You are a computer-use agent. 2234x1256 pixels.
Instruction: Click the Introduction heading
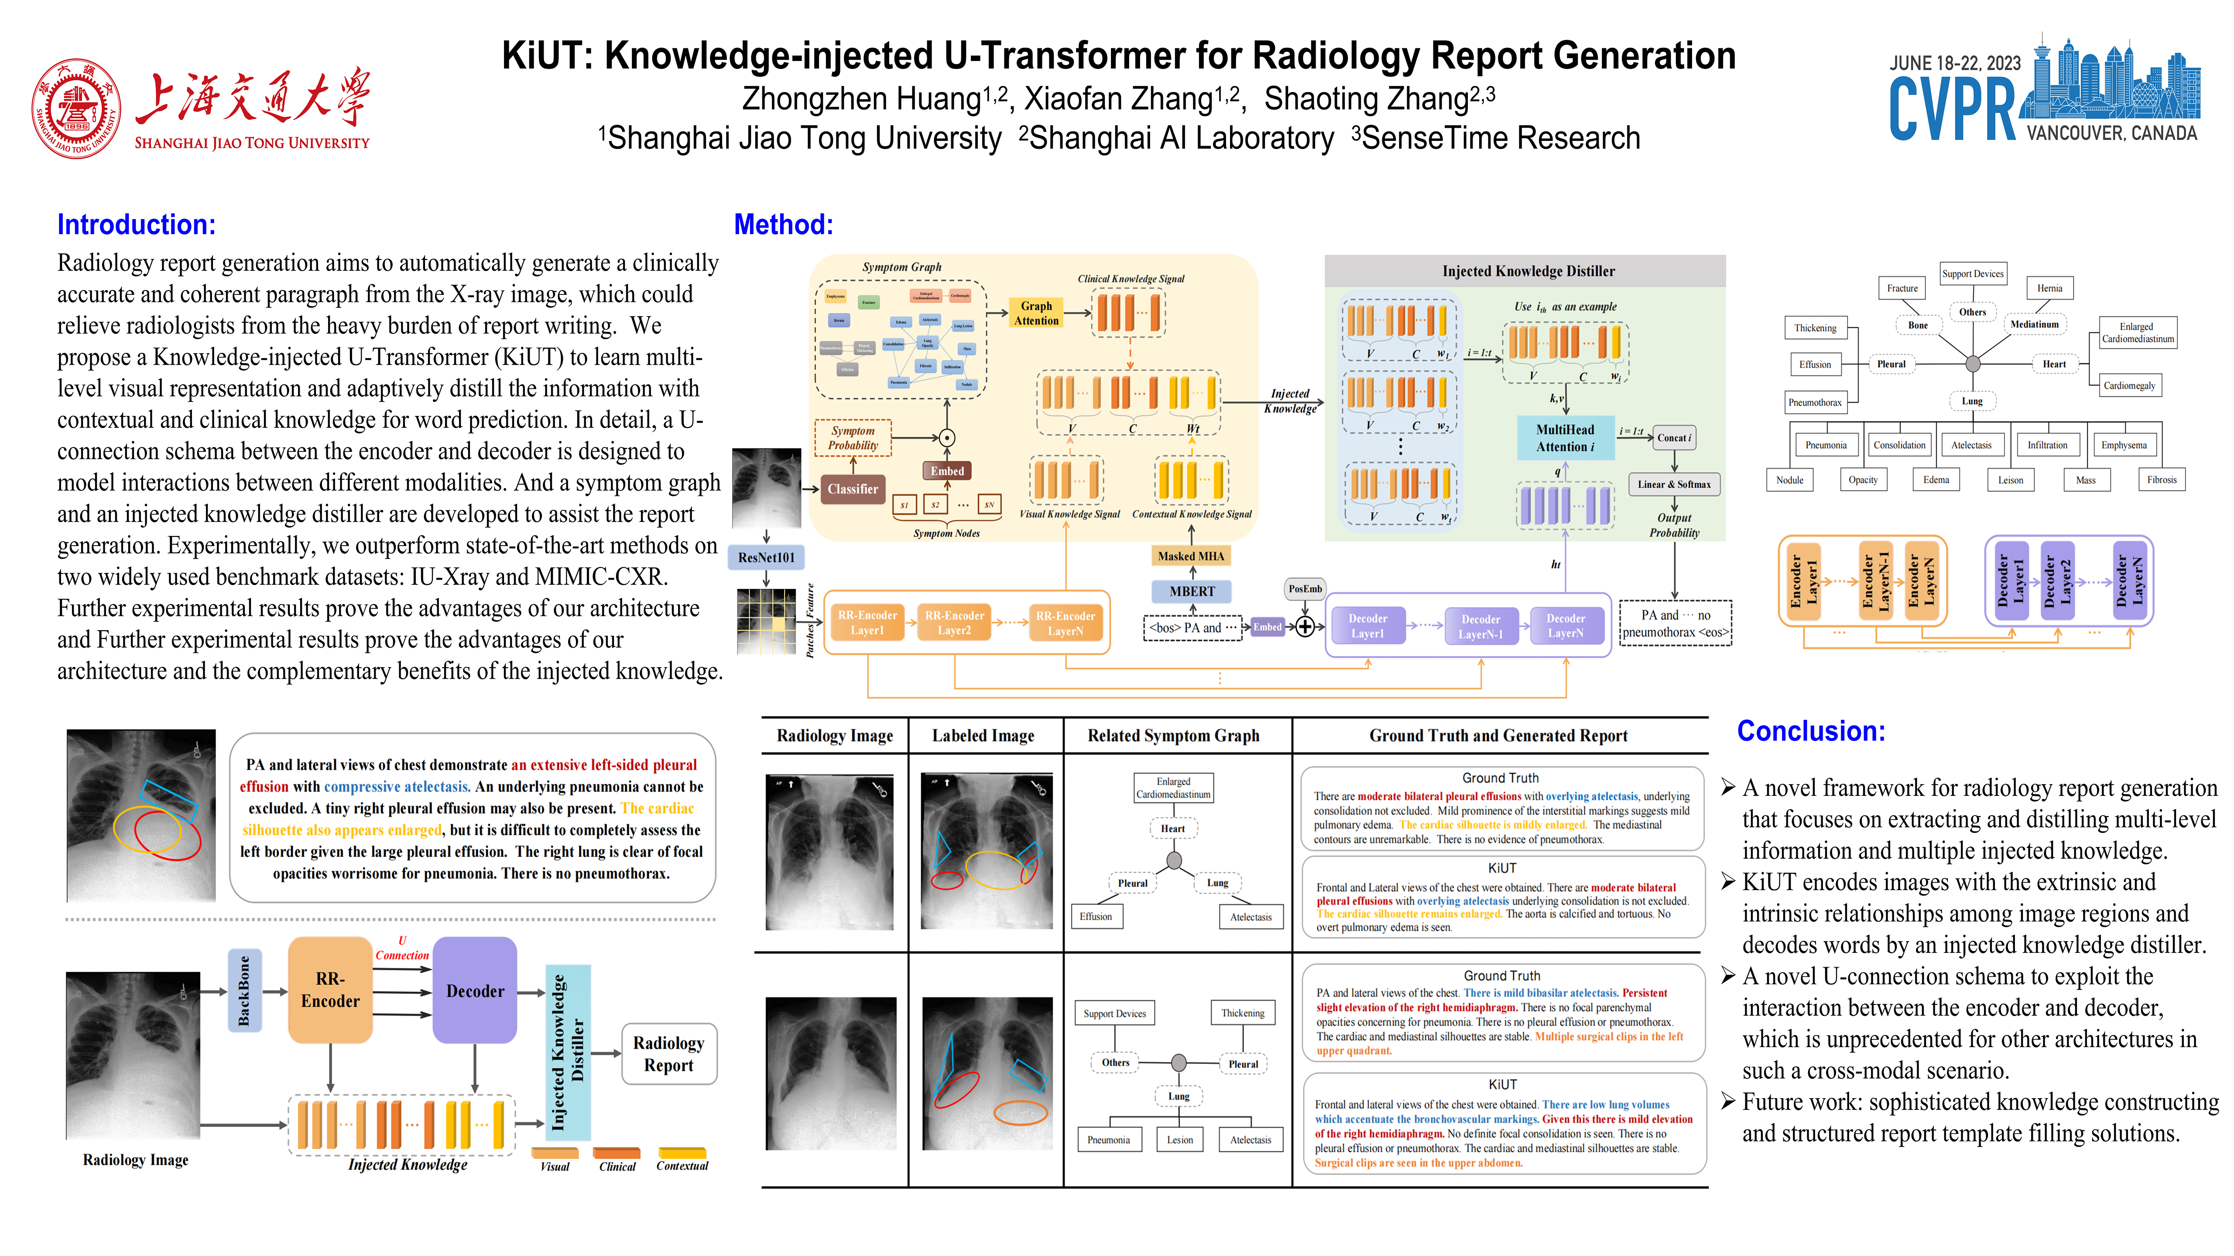point(136,225)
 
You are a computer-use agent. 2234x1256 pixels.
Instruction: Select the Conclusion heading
point(1811,731)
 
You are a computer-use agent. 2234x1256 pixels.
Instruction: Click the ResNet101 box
point(766,557)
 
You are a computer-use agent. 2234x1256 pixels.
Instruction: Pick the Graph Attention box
point(1036,313)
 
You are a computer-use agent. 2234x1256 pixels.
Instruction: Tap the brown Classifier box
point(853,489)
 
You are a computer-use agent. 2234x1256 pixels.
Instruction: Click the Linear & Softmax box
point(1674,485)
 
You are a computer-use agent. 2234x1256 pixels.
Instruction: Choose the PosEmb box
point(1305,589)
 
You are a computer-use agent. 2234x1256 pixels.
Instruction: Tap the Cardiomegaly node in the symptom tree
point(2129,386)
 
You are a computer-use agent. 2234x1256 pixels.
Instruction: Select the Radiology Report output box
point(668,1054)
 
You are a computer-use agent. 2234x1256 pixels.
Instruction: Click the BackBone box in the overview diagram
point(244,991)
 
